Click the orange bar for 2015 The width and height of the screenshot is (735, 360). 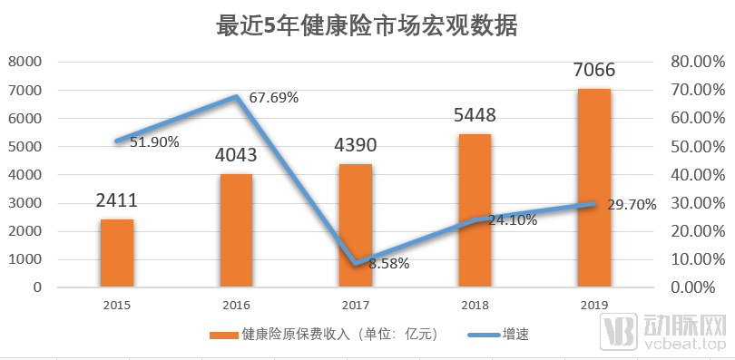[x=117, y=253]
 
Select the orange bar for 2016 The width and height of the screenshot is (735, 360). [x=236, y=230]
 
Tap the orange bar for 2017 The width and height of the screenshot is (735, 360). [x=356, y=226]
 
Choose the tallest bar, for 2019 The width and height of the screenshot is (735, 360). [x=594, y=188]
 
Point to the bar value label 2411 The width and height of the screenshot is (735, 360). [x=117, y=200]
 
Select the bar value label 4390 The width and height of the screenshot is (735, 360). [x=355, y=145]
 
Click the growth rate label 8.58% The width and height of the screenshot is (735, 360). [x=389, y=265]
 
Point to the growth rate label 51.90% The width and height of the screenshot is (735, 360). [x=154, y=142]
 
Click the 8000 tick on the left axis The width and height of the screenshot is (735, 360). [x=25, y=62]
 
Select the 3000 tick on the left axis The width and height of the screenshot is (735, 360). [x=25, y=203]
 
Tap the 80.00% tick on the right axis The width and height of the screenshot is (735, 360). [x=694, y=62]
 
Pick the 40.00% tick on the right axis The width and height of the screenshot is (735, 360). [x=694, y=175]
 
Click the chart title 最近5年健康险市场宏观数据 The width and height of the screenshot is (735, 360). [x=367, y=26]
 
